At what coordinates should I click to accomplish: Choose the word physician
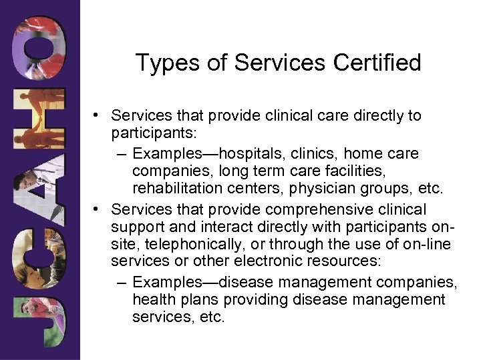point(321,189)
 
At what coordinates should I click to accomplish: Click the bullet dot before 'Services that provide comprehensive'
point(98,210)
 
